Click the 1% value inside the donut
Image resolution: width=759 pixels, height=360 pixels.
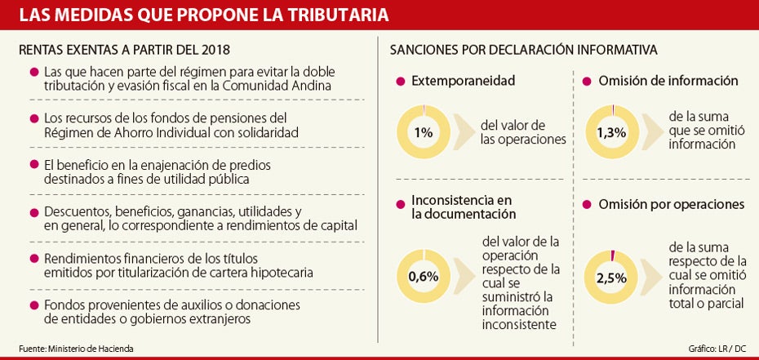click(x=424, y=133)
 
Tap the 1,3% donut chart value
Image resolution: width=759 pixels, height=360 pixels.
click(x=612, y=133)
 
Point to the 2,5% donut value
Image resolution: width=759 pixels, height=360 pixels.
click(x=612, y=277)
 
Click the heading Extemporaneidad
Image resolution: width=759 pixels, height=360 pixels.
click(x=464, y=81)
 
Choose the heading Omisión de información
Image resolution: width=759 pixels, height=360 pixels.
click(x=668, y=81)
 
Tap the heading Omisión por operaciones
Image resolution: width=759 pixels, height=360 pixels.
click(x=671, y=204)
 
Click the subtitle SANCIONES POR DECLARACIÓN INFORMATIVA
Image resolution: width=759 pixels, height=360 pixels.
click(x=523, y=50)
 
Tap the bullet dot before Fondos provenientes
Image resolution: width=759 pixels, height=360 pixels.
click(x=33, y=305)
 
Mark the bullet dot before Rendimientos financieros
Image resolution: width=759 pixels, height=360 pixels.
click(x=33, y=259)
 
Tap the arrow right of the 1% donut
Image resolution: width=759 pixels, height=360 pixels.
click(x=464, y=133)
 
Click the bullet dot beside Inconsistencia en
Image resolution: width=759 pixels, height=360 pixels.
click(x=400, y=201)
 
